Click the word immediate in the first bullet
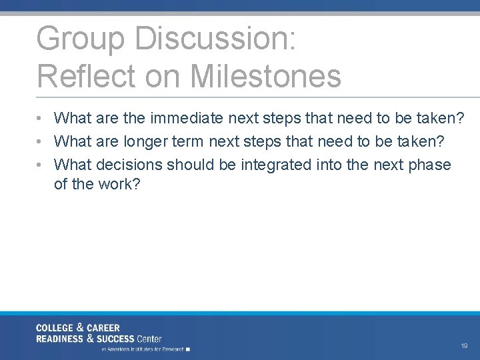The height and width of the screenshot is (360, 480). click(187, 119)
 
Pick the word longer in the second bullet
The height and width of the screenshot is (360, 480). click(145, 141)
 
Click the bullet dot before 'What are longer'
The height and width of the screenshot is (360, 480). click(41, 142)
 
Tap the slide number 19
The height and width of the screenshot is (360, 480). click(464, 346)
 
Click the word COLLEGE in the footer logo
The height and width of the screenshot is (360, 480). click(55, 328)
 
